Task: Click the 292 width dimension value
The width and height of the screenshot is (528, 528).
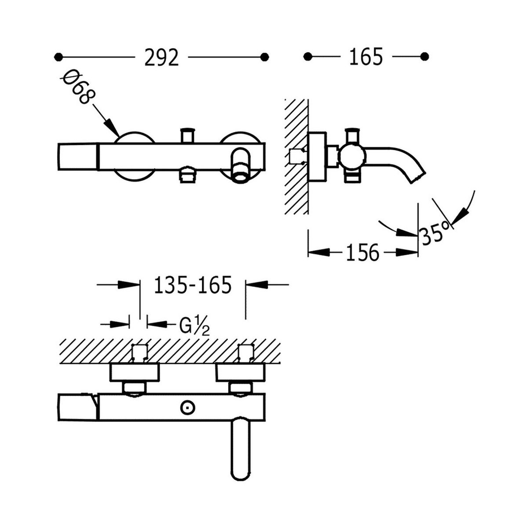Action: (x=161, y=57)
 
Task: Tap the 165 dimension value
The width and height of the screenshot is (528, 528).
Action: (x=366, y=57)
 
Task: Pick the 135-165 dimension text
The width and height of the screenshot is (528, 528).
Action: (x=193, y=286)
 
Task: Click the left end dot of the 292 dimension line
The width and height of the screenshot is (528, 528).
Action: (x=57, y=57)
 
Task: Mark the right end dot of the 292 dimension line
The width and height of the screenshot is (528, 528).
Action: (x=264, y=57)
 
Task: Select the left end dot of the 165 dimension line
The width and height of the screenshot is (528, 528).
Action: (x=308, y=57)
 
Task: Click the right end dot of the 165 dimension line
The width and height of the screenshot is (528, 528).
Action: (x=425, y=57)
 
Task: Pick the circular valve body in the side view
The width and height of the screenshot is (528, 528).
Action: (x=352, y=156)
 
